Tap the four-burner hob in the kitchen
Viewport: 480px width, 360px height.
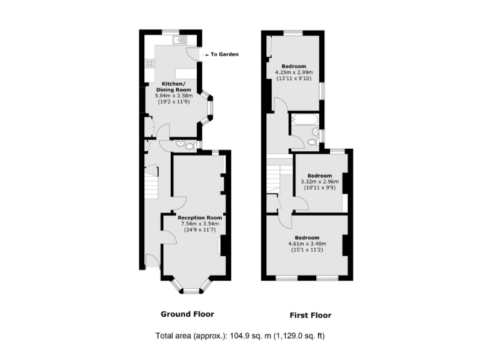(x=150, y=62)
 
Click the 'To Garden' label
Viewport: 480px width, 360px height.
(x=224, y=54)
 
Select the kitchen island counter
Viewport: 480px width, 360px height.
(x=186, y=72)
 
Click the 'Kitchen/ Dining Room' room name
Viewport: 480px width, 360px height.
(x=173, y=87)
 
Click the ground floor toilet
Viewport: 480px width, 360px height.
(x=180, y=144)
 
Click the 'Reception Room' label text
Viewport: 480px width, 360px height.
(x=196, y=217)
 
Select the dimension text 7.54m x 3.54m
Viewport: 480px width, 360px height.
(x=196, y=223)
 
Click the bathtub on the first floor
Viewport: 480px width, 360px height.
(x=304, y=119)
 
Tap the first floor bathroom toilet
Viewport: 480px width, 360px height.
(x=312, y=142)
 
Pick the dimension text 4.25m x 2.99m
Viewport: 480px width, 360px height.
(x=294, y=72)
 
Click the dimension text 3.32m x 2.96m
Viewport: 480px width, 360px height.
(x=319, y=181)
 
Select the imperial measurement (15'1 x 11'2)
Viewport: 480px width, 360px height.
(x=307, y=250)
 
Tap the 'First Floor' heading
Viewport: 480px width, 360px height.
(x=310, y=315)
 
